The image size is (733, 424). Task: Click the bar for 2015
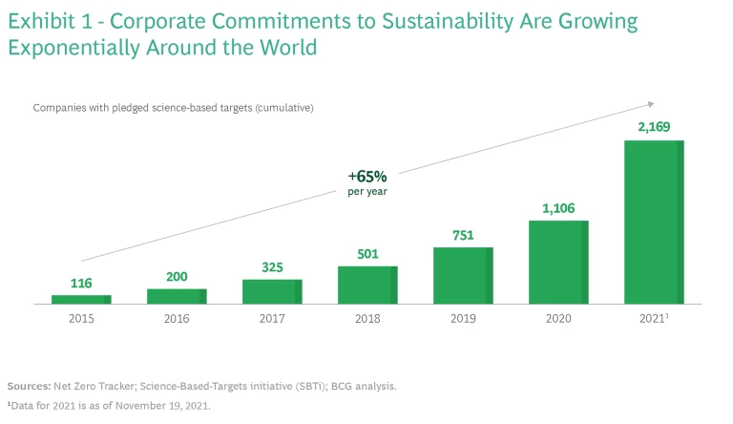click(x=81, y=299)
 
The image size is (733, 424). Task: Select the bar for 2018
click(x=367, y=285)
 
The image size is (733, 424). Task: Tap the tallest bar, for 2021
click(x=654, y=222)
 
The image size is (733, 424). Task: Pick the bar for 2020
click(x=558, y=262)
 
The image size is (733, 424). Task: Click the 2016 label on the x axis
click(x=177, y=318)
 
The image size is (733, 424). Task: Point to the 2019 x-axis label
click(x=463, y=318)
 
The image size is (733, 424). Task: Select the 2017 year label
click(x=272, y=318)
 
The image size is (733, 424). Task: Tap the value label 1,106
click(x=558, y=208)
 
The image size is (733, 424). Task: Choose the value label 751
click(x=463, y=235)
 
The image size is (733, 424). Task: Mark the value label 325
click(x=272, y=267)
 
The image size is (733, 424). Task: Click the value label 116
click(x=81, y=284)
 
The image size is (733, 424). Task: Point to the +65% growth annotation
click(x=367, y=176)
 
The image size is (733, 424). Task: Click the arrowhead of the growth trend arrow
click(x=650, y=104)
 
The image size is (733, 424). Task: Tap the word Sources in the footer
click(x=29, y=386)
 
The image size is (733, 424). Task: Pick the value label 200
click(x=177, y=276)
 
